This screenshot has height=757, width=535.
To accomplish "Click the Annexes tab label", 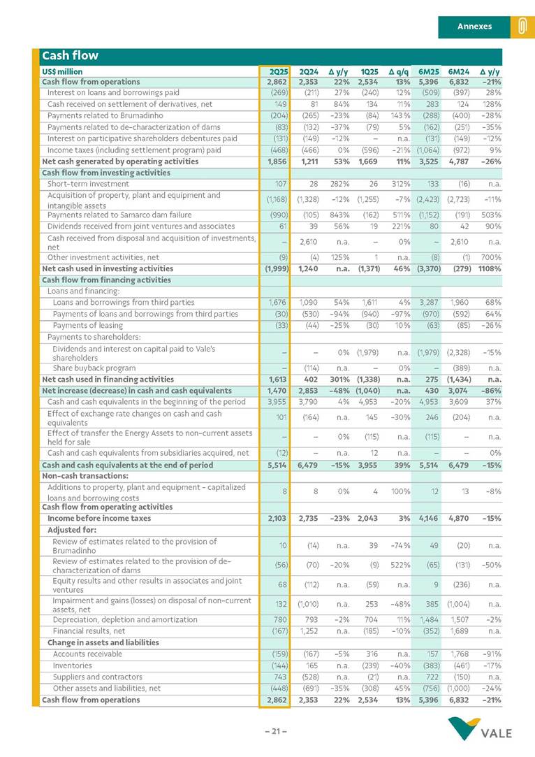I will tap(474, 27).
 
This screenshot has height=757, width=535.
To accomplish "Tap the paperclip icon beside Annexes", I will tap(522, 27).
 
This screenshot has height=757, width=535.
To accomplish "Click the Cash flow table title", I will tap(70, 55).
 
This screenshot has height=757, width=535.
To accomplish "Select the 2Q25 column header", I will tap(279, 71).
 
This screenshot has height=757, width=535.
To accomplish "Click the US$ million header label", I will tap(62, 71).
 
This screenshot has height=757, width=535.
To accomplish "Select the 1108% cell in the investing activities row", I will tap(488, 268).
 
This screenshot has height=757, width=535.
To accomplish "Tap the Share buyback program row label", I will tap(94, 368).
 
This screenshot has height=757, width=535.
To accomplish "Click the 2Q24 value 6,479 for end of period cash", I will tap(308, 465).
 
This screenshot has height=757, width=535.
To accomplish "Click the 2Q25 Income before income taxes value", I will tap(278, 519).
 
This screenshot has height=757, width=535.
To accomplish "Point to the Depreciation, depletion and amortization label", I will tap(125, 619).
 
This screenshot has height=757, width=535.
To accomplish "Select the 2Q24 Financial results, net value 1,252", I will tap(308, 630).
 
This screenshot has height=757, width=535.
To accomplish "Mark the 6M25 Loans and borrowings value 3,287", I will tap(427, 303).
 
